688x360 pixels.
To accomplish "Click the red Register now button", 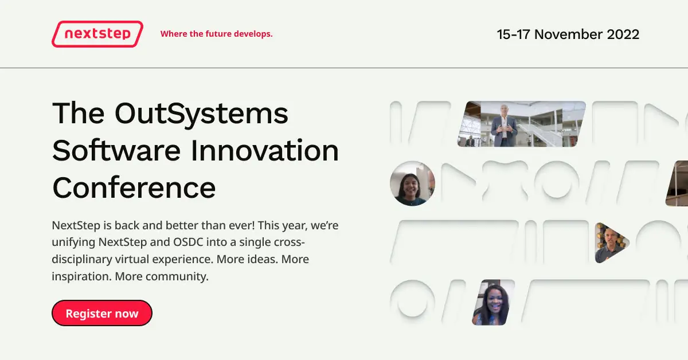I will click(x=102, y=313).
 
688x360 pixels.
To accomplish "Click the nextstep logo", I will click(x=97, y=34).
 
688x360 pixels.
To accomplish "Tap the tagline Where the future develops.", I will click(x=216, y=34).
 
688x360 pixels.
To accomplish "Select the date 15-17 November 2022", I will click(x=568, y=34).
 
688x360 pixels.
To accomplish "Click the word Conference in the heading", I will click(x=134, y=187).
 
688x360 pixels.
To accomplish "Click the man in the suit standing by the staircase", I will click(x=503, y=124).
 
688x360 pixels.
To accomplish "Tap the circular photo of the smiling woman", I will click(x=412, y=183).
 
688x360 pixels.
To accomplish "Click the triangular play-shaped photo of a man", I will click(x=609, y=242).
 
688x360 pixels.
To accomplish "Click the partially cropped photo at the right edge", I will click(x=678, y=183).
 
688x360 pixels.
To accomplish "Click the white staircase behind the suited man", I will click(x=542, y=129).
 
